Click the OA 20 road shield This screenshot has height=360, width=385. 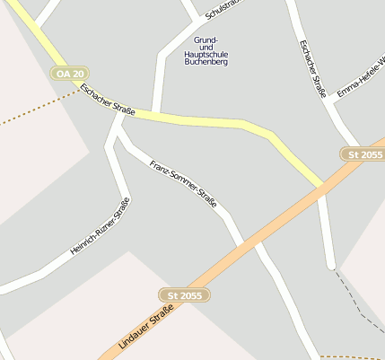tap(69, 73)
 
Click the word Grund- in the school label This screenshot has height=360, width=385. tap(206, 40)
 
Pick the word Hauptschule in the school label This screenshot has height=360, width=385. tap(206, 55)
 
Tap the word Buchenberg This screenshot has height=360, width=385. tap(206, 63)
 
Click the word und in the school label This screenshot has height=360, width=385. tap(206, 47)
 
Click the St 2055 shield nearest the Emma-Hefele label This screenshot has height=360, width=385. tap(365, 154)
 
